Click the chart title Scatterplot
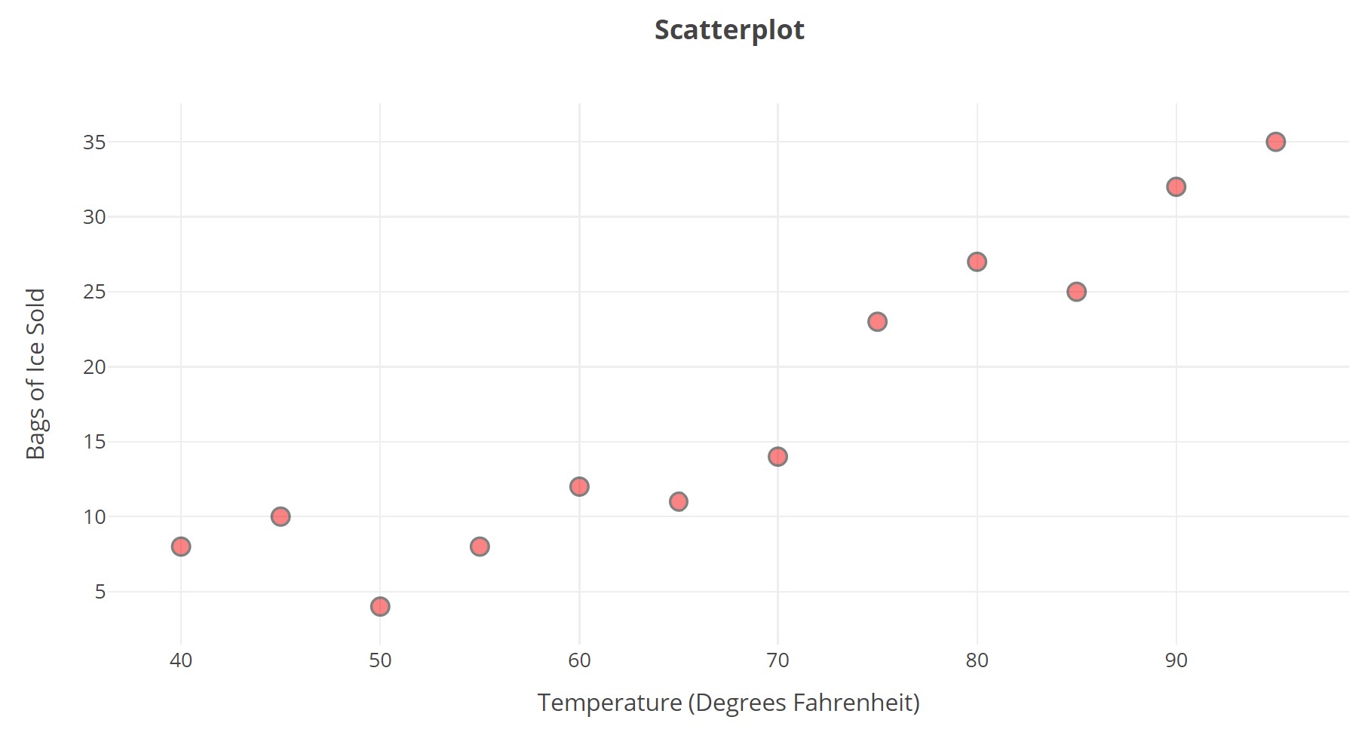[729, 30]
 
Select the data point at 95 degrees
[1275, 142]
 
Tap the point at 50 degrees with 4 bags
[380, 606]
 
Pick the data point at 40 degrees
[181, 547]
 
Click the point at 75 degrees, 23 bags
[877, 322]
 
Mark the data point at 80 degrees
[977, 262]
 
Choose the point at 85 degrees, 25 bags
[1076, 292]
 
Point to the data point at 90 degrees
[1176, 187]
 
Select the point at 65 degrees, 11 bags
[679, 501]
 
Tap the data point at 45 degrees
[281, 516]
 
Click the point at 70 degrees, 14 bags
[778, 457]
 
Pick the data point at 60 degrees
[579, 486]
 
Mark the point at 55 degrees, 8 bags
[480, 547]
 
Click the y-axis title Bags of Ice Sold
[36, 373]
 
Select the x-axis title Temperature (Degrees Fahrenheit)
[728, 703]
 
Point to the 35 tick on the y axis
[94, 142]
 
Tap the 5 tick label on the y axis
[100, 592]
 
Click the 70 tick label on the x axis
[778, 661]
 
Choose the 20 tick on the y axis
[94, 367]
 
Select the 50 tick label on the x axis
[380, 661]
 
